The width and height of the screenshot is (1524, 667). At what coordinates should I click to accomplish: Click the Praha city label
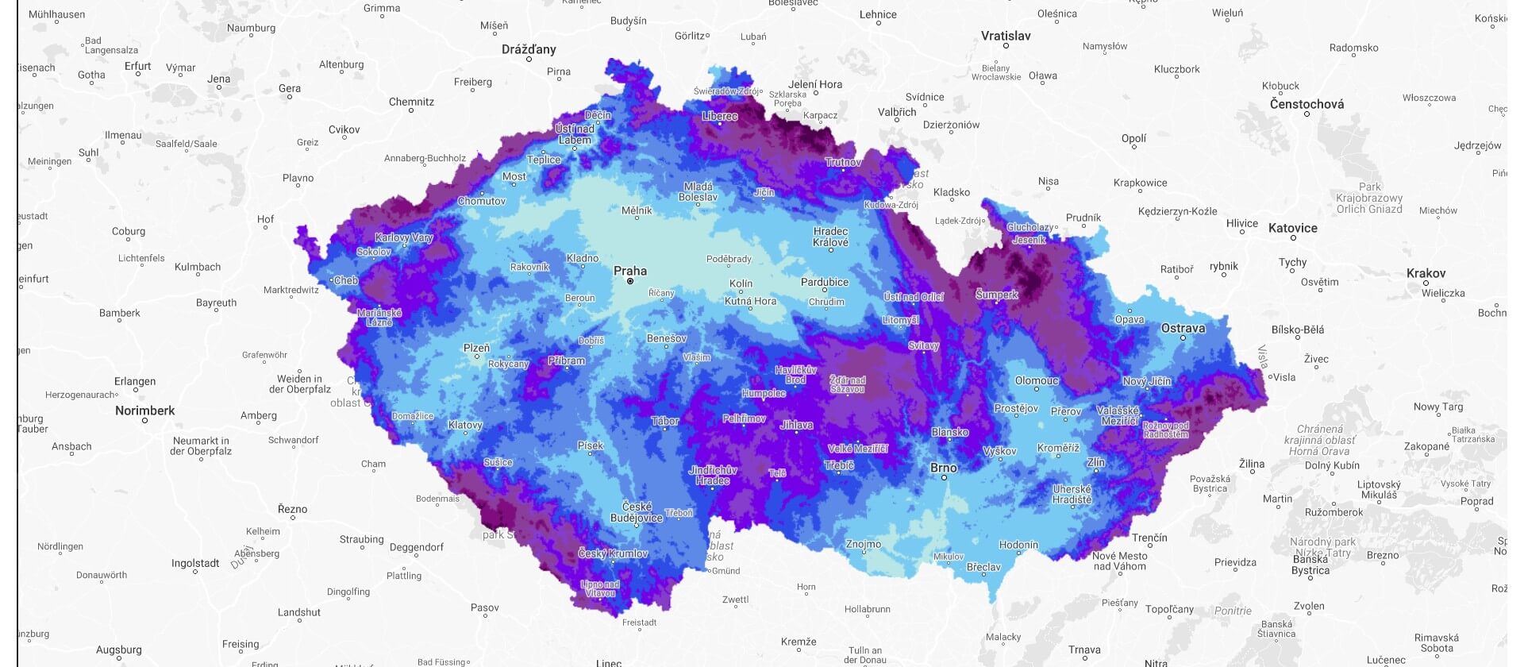tap(629, 271)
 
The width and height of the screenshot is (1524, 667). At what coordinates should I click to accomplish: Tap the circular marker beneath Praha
tap(630, 281)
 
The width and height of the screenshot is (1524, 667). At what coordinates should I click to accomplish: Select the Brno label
tap(943, 468)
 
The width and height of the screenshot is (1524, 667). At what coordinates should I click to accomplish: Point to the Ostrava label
tap(1183, 328)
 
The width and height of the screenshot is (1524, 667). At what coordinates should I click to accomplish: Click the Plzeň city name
tap(476, 348)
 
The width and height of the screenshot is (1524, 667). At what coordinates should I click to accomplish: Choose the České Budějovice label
tap(636, 512)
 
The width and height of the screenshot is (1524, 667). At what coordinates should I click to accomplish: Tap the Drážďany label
tap(529, 49)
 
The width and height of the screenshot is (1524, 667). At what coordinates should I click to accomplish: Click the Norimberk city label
tap(144, 411)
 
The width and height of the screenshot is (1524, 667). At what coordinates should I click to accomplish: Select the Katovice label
tap(1292, 228)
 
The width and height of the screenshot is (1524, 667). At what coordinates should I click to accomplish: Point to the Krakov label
tap(1426, 273)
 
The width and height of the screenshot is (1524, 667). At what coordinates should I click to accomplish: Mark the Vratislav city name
tap(1006, 36)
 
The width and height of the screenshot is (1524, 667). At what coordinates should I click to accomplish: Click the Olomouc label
tap(1037, 380)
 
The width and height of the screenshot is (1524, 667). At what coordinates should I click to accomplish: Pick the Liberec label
tap(720, 116)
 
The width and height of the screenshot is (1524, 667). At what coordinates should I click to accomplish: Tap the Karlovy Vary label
tap(403, 237)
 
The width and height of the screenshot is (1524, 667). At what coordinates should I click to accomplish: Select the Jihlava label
tap(796, 425)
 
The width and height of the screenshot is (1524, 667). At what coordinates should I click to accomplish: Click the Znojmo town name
tap(863, 544)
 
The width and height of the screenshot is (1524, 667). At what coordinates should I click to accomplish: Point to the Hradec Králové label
tap(830, 237)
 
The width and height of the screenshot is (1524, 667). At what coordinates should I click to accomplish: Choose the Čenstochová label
tap(1307, 104)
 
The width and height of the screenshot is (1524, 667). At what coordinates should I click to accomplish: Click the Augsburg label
tap(118, 650)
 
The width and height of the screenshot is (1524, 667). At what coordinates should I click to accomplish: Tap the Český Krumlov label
tap(613, 553)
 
